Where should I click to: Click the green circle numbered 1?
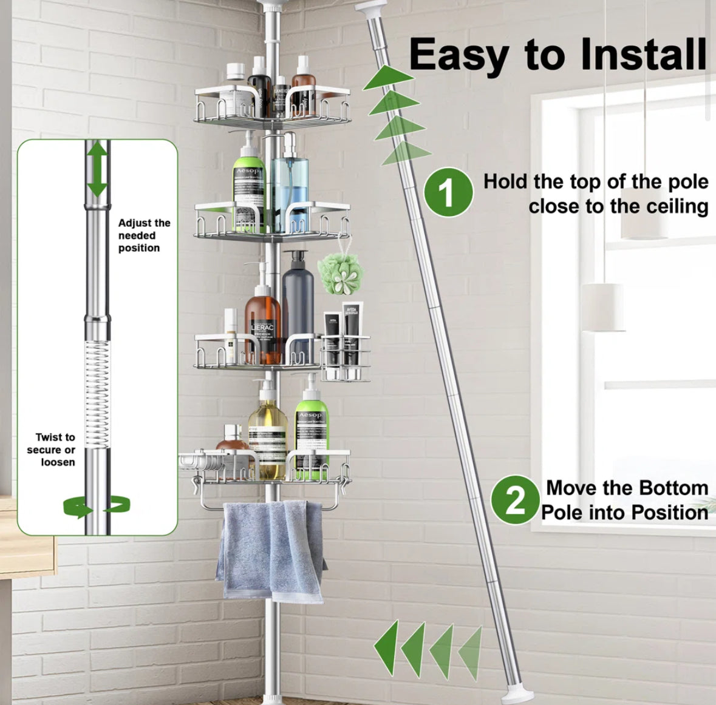pyautogui.click(x=448, y=192)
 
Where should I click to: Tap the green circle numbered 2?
pyautogui.click(x=515, y=500)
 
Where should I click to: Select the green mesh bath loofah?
pyautogui.click(x=340, y=273)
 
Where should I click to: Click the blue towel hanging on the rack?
pyautogui.click(x=272, y=549)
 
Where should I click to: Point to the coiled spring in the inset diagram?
pyautogui.click(x=97, y=394)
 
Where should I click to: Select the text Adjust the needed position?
pyautogui.click(x=143, y=235)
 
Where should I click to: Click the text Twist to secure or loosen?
pyautogui.click(x=53, y=450)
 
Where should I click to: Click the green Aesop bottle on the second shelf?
pyautogui.click(x=249, y=185)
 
